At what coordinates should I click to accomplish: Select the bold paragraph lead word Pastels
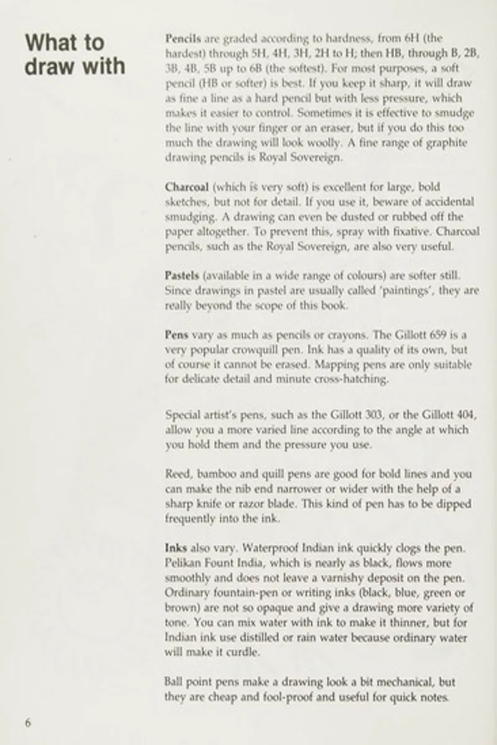pyautogui.click(x=181, y=275)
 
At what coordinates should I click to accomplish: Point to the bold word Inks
pyautogui.click(x=176, y=549)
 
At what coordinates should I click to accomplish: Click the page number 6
pyautogui.click(x=27, y=722)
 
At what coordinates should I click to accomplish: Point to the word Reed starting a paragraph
pyautogui.click(x=178, y=474)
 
